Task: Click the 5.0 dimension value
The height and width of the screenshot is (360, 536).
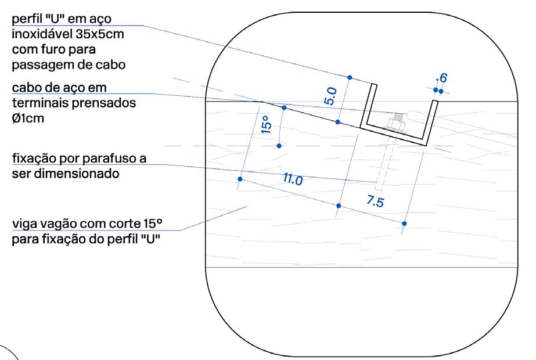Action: tap(330, 95)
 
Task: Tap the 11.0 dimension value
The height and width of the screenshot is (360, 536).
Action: tap(293, 180)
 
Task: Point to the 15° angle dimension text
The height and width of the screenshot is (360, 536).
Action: tap(265, 124)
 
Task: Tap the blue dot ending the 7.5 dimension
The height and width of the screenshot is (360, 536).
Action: tap(404, 223)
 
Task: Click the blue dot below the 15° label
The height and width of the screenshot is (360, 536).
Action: tap(279, 146)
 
